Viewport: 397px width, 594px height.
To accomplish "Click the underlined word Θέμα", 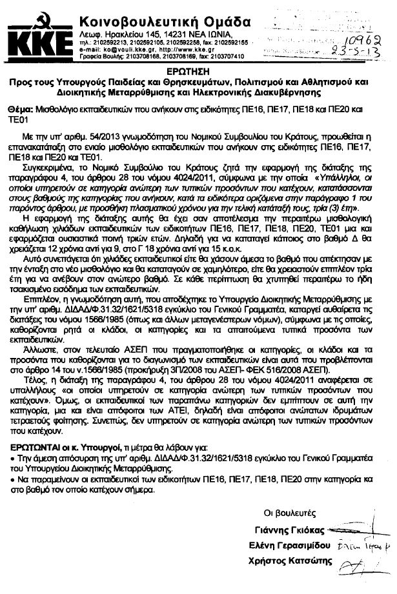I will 23,111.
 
